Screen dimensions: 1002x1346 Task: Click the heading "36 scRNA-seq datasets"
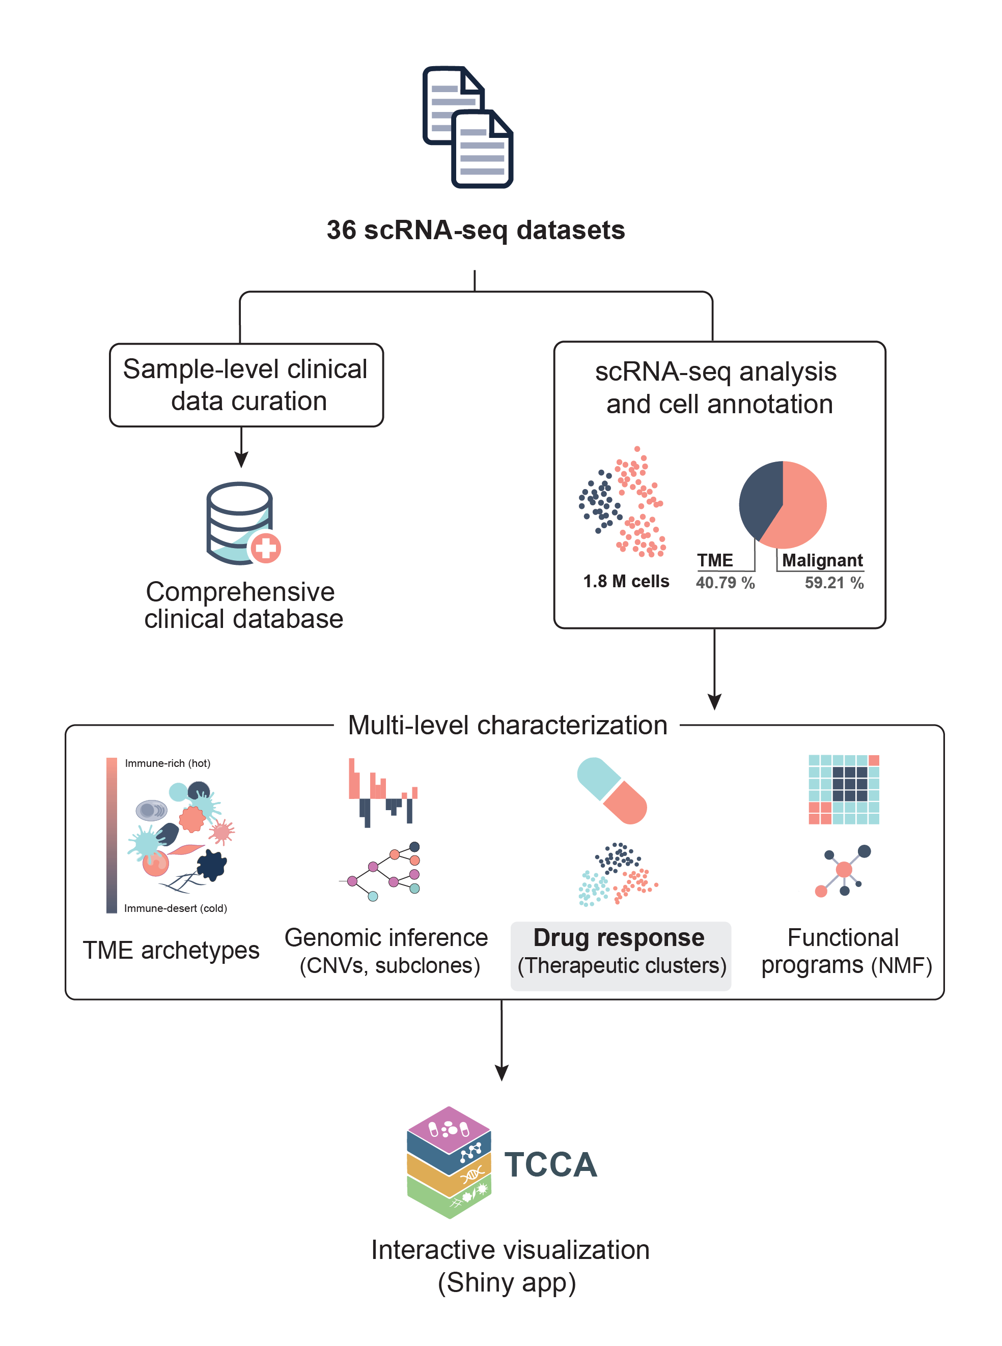(476, 231)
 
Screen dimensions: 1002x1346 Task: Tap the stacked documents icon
(467, 127)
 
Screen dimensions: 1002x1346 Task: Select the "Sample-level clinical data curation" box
(246, 385)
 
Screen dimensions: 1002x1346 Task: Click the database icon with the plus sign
(243, 523)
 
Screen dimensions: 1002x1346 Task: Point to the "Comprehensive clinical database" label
(243, 605)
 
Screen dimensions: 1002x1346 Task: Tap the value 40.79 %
(725, 583)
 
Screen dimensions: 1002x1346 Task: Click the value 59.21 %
(834, 583)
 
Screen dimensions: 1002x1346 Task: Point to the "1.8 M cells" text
(626, 582)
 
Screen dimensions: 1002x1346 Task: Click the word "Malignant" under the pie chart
(822, 560)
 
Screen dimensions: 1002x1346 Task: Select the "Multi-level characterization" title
(507, 725)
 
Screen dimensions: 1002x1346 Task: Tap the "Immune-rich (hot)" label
(168, 763)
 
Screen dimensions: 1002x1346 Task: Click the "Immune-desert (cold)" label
(175, 908)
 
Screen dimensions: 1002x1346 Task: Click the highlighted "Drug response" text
(619, 937)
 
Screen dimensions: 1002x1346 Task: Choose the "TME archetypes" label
(171, 950)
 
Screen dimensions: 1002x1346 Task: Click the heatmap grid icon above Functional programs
(844, 789)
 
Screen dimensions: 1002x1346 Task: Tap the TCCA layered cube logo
(449, 1162)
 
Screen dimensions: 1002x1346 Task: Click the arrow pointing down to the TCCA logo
(502, 1041)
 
